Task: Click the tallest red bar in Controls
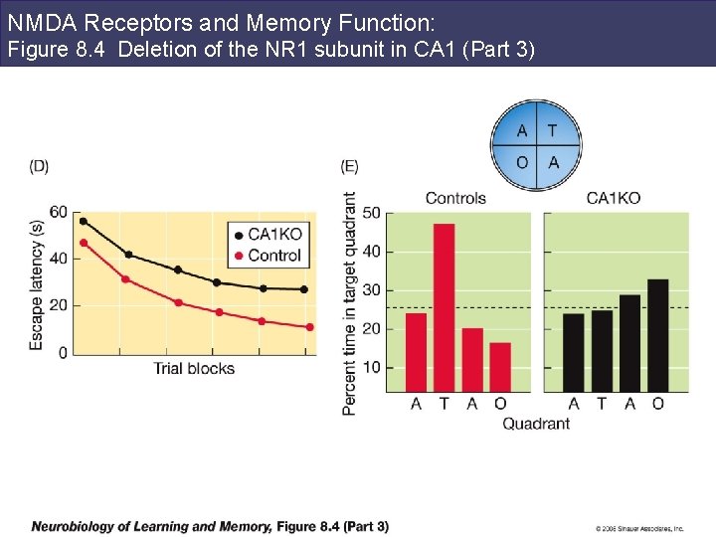pyautogui.click(x=444, y=307)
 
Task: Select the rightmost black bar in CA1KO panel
pyautogui.click(x=658, y=335)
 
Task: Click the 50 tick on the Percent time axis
pyautogui.click(x=371, y=213)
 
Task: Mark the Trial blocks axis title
pyautogui.click(x=194, y=369)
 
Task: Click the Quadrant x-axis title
pyautogui.click(x=536, y=424)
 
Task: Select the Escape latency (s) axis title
pyautogui.click(x=37, y=283)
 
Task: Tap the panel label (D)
pyautogui.click(x=39, y=166)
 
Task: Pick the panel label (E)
pyautogui.click(x=350, y=166)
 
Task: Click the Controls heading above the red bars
pyautogui.click(x=455, y=198)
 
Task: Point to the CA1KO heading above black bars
pyautogui.click(x=614, y=198)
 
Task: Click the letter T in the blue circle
pyautogui.click(x=552, y=131)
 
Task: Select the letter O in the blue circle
pyautogui.click(x=522, y=161)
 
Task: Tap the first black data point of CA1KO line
pyautogui.click(x=84, y=221)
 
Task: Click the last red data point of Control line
pyautogui.click(x=309, y=327)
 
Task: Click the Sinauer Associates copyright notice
pyautogui.click(x=639, y=528)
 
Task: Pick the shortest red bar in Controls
pyautogui.click(x=500, y=367)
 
